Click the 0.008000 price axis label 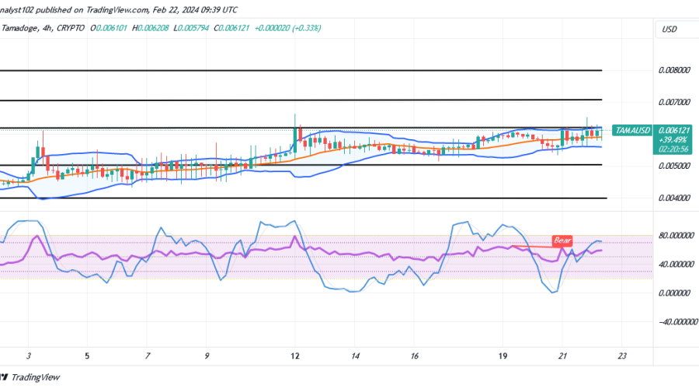(x=673, y=70)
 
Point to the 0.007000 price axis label (x=673, y=102)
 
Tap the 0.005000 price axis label (x=673, y=166)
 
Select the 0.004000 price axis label (x=673, y=198)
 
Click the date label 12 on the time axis (x=294, y=356)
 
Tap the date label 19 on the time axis (x=503, y=356)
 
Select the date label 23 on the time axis (x=622, y=356)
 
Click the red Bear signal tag (x=562, y=241)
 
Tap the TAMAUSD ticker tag (x=631, y=130)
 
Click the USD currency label (x=669, y=30)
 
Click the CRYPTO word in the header (x=70, y=28)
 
